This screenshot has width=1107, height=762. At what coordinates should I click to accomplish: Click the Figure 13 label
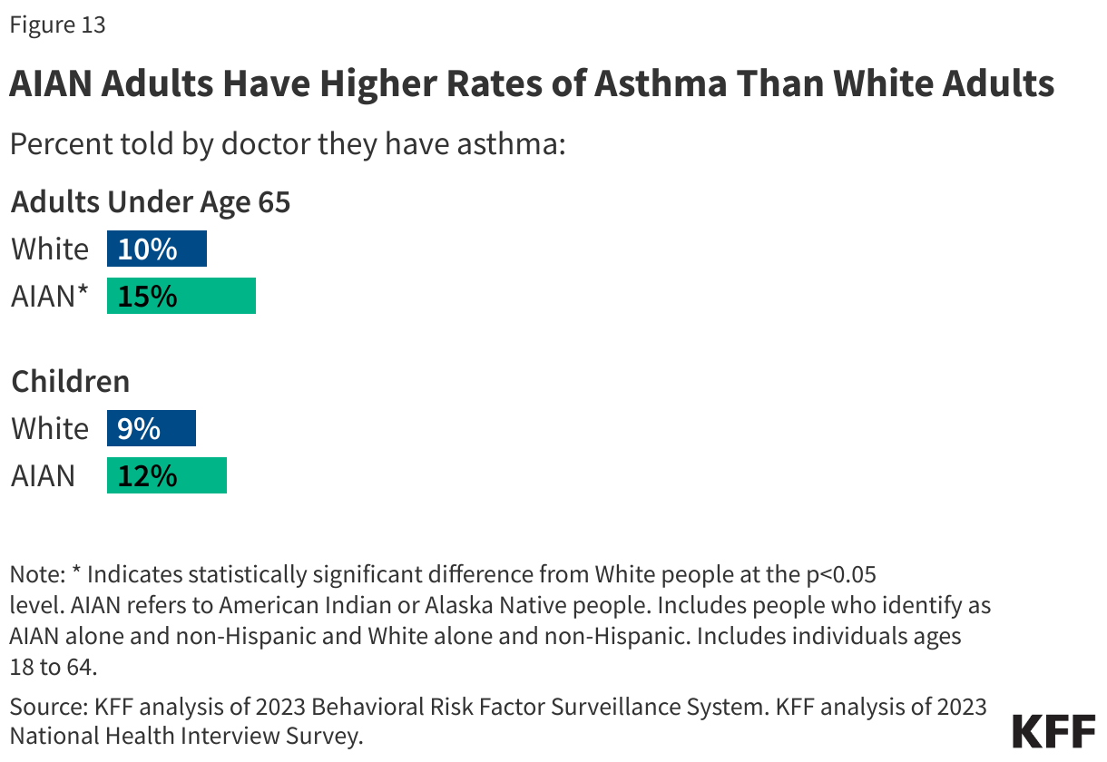(57, 24)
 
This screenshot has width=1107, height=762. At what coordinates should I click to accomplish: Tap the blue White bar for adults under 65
(156, 249)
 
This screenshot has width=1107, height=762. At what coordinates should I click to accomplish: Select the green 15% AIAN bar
(181, 297)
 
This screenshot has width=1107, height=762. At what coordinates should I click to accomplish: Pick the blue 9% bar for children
(151, 428)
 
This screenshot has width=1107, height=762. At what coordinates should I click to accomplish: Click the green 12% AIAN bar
(166, 475)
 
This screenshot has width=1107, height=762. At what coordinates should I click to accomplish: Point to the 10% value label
(147, 249)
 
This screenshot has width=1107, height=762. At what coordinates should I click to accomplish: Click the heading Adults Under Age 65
(151, 201)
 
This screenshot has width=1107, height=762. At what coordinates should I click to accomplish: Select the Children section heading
(70, 381)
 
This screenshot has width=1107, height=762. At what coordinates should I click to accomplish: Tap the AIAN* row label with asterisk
(50, 297)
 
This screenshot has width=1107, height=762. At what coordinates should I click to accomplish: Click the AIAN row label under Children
(43, 475)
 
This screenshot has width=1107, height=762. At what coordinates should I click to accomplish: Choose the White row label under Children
(50, 428)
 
